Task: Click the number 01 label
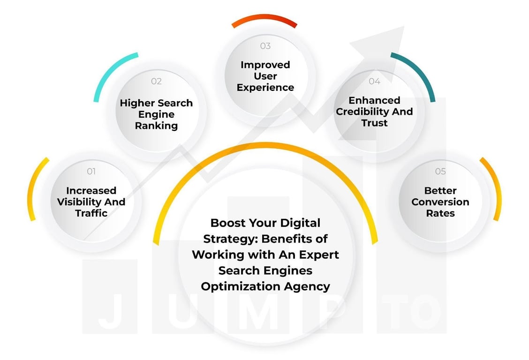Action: click(x=91, y=172)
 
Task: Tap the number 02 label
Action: click(x=156, y=81)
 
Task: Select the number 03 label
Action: click(x=265, y=45)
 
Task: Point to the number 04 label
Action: click(x=374, y=81)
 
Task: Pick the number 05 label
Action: click(x=440, y=172)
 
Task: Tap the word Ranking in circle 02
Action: click(x=156, y=126)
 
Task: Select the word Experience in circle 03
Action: click(x=265, y=87)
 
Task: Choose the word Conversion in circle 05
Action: click(x=440, y=202)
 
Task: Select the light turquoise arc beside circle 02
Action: click(x=110, y=73)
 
